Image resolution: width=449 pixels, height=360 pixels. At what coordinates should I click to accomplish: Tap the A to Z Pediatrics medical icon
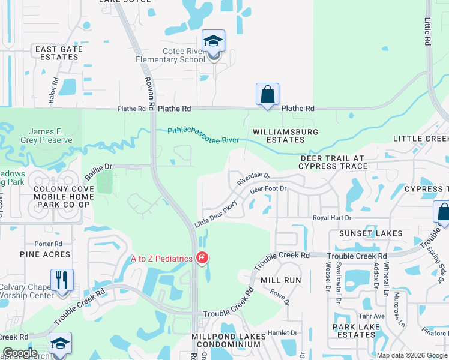(202, 259)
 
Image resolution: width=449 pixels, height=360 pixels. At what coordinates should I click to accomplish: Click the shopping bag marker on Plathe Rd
(267, 95)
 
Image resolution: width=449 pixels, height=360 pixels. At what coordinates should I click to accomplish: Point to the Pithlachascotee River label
(203, 134)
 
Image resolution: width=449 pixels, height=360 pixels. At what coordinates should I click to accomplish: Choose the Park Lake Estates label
(355, 331)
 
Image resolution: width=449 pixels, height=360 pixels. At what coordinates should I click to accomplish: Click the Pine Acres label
(45, 254)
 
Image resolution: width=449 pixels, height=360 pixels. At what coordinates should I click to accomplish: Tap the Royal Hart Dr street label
(331, 217)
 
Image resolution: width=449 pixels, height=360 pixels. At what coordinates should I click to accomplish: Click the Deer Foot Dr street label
(269, 189)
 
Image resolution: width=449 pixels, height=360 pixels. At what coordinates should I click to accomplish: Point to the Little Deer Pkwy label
(216, 213)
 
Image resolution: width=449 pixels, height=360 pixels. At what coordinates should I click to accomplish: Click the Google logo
(19, 353)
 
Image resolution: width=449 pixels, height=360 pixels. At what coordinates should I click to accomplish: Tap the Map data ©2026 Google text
(411, 355)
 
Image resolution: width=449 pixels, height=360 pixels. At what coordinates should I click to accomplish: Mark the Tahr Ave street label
(372, 316)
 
